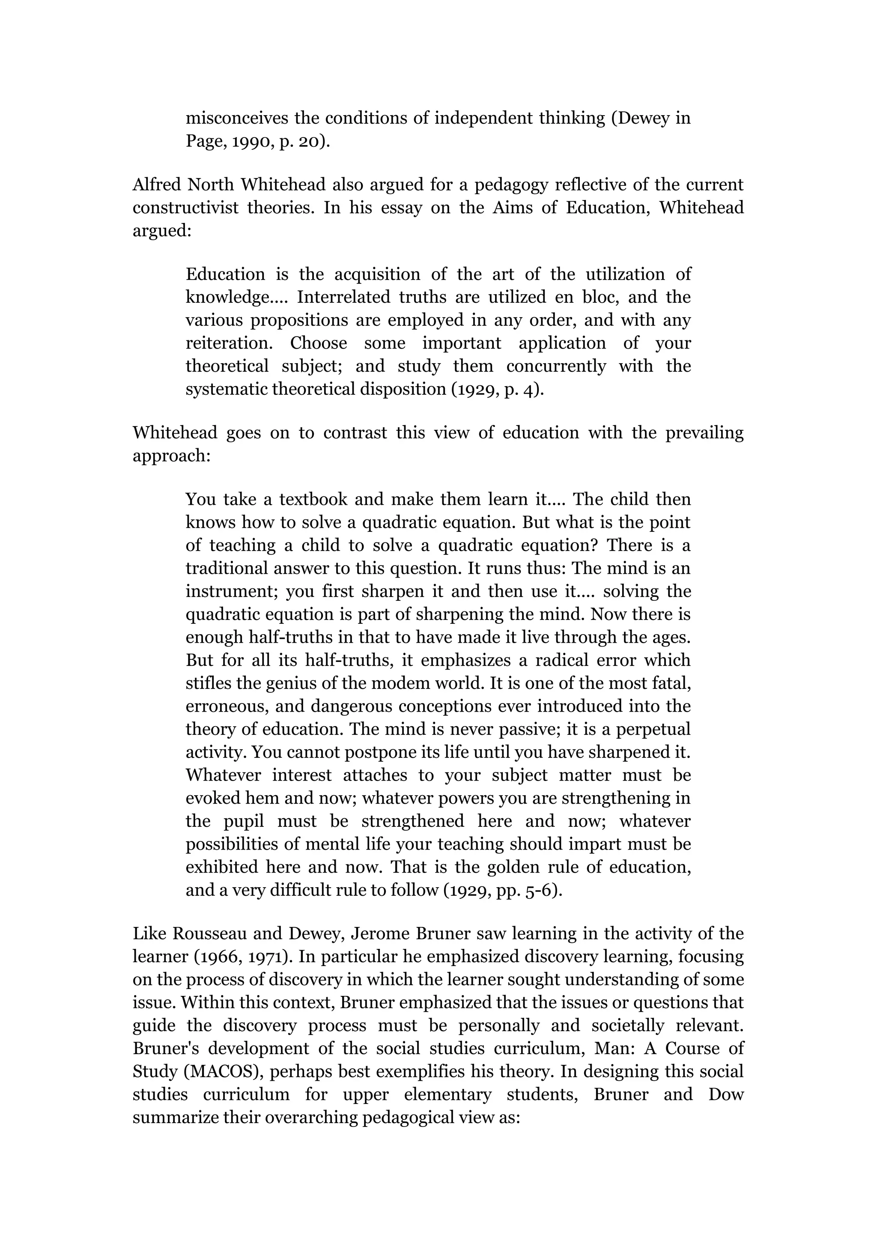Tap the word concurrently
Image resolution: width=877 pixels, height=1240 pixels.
tap(556, 366)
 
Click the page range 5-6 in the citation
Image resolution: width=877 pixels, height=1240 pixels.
tap(540, 891)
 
